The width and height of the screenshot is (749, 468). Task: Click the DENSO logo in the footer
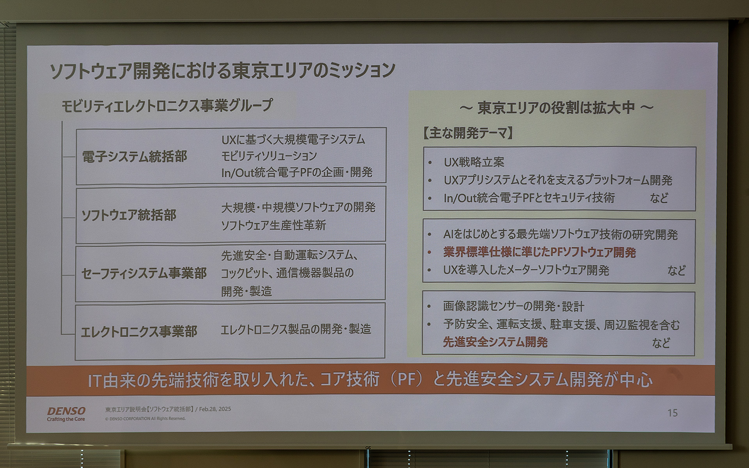pos(66,411)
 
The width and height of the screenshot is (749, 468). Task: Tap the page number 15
pos(672,413)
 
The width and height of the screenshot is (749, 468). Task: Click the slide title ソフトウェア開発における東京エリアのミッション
pos(223,71)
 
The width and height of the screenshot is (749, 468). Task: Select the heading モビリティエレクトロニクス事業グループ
pos(167,106)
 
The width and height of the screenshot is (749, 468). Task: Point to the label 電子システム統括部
pos(135,156)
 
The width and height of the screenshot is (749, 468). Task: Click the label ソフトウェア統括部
pos(129,215)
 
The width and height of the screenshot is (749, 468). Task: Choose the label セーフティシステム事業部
pos(144,273)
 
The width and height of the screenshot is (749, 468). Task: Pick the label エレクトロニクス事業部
pos(139,331)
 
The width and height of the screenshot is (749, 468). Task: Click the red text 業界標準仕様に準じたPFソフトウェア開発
pos(540,252)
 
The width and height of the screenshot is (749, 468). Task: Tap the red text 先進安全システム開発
pos(495,342)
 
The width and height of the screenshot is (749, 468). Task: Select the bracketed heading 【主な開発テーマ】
pos(468,133)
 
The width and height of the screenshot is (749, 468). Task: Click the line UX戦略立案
pos(474,162)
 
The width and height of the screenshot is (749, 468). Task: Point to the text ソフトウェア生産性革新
pos(273,225)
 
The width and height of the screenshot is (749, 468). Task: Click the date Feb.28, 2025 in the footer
pos(215,409)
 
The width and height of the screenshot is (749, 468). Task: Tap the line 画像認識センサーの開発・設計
pos(513,306)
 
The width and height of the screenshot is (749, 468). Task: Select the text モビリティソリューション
pos(269,156)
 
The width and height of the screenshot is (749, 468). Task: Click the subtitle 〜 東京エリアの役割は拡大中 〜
pos(556,108)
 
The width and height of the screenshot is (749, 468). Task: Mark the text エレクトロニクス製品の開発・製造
pos(296,330)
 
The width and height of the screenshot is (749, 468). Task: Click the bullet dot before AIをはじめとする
pos(429,235)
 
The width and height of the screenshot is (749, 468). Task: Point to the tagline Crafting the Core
pos(66,419)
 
